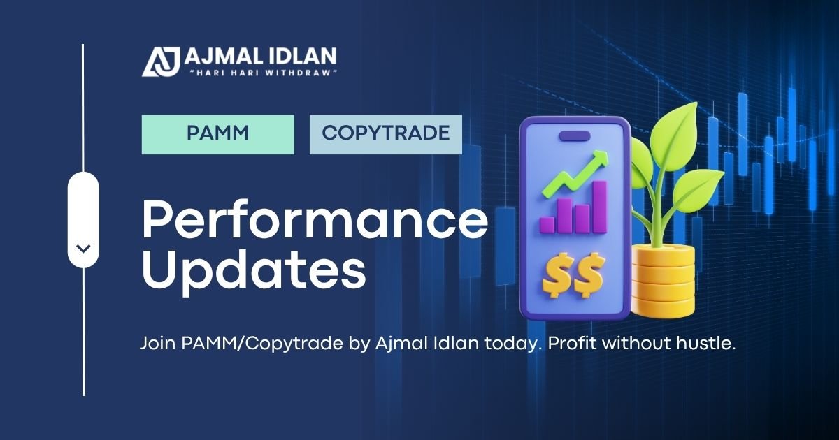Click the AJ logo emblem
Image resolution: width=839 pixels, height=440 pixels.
162,61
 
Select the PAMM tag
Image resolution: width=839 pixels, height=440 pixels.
218,134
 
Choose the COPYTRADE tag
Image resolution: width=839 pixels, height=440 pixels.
386,134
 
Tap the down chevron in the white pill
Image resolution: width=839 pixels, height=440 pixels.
83,248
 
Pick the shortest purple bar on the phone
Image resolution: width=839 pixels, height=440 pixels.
547,224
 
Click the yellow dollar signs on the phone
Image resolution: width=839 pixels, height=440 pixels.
573,275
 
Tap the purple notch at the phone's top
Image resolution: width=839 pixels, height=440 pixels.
574,133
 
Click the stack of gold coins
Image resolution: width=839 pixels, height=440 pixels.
662,280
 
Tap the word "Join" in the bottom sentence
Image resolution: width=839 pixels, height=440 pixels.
157,344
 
